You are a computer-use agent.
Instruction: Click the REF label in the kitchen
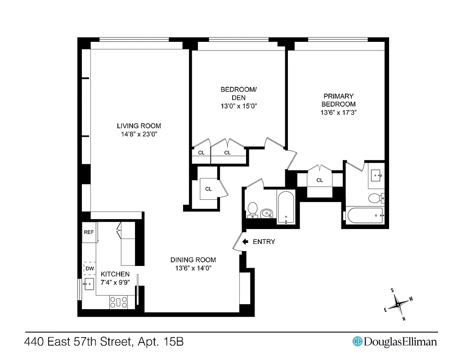89,233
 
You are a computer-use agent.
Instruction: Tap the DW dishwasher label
90,269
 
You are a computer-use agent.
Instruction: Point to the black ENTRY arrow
245,242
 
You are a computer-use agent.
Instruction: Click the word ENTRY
264,242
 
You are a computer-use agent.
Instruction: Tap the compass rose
399,305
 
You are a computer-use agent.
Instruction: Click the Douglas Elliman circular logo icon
358,342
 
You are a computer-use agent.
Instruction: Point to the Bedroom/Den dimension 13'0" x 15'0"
238,106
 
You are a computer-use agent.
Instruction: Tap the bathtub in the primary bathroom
364,216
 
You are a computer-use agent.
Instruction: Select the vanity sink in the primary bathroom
376,174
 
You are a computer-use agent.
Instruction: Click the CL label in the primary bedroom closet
319,180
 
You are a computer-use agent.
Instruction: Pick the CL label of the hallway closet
208,189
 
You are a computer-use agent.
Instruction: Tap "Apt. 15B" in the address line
161,342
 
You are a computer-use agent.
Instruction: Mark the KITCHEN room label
115,274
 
